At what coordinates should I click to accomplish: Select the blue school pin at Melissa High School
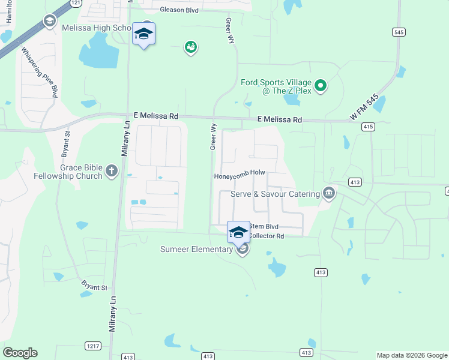pyautogui.click(x=143, y=34)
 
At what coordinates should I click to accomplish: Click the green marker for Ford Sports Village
pyautogui.click(x=321, y=86)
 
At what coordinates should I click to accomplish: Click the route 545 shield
pyautogui.click(x=399, y=32)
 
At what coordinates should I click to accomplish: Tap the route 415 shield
pyautogui.click(x=369, y=127)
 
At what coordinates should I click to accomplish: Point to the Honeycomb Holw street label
pyautogui.click(x=240, y=173)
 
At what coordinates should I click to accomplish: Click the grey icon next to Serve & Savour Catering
pyautogui.click(x=329, y=193)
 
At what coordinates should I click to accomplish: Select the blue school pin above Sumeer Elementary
pyautogui.click(x=238, y=232)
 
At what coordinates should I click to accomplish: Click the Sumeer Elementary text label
pyautogui.click(x=196, y=249)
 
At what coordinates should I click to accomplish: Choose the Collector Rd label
pyautogui.click(x=267, y=236)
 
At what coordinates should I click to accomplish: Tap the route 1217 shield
pyautogui.click(x=93, y=346)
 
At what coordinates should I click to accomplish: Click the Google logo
pyautogui.click(x=20, y=353)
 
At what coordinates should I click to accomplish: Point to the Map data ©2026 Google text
pyautogui.click(x=412, y=355)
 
